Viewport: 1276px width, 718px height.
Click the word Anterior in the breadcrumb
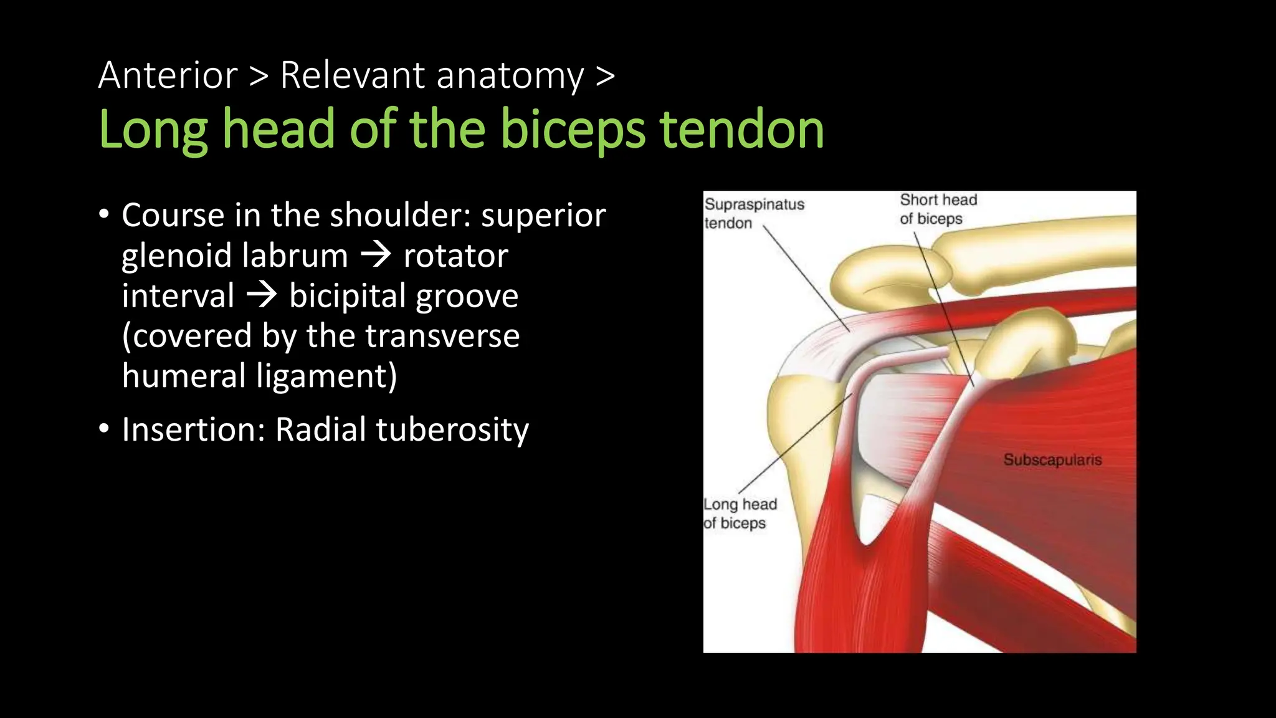pyautogui.click(x=168, y=75)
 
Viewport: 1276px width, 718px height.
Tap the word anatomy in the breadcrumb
pyautogui.click(x=510, y=75)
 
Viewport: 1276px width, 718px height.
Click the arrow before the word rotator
pyautogui.click(x=376, y=255)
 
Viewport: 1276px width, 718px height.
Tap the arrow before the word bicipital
pyautogui.click(x=262, y=295)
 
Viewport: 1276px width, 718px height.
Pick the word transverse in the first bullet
pyautogui.click(x=442, y=336)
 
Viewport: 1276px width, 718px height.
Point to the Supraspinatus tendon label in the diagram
pyautogui.click(x=754, y=214)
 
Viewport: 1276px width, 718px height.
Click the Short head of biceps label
pyautogui.click(x=938, y=209)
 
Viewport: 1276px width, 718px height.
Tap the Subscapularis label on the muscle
pyautogui.click(x=1052, y=460)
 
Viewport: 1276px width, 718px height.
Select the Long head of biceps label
pyautogui.click(x=740, y=514)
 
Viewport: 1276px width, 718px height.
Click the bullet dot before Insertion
pyautogui.click(x=104, y=429)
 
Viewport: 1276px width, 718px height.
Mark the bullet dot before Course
pyautogui.click(x=104, y=214)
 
